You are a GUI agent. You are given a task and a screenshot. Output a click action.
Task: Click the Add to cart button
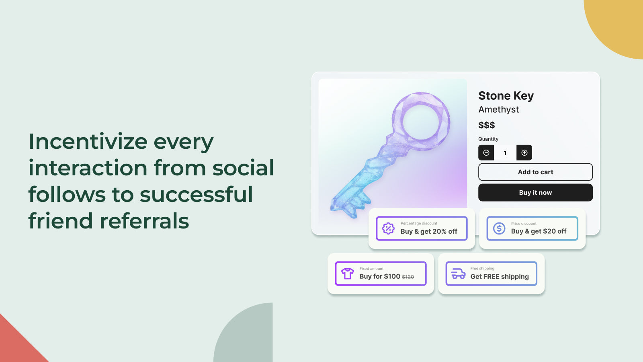[535, 172]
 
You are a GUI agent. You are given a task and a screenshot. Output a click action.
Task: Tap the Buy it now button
[535, 193]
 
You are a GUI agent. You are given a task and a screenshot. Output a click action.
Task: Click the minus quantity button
[486, 153]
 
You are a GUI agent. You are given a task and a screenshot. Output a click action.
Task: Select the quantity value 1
[505, 153]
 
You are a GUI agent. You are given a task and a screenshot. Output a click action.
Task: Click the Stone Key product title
[506, 96]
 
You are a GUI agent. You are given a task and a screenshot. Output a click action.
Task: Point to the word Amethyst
[498, 109]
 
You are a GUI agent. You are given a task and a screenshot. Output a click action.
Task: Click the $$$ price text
[486, 125]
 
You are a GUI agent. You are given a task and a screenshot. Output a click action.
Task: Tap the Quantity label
[488, 139]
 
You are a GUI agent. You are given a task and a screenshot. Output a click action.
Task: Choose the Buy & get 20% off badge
[422, 228]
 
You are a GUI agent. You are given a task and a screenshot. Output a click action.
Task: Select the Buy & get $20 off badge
[532, 228]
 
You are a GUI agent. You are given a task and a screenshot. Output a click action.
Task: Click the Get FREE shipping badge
[491, 274]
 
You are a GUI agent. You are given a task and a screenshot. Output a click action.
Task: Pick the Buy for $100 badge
[381, 274]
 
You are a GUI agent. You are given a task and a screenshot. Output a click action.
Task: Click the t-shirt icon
[348, 274]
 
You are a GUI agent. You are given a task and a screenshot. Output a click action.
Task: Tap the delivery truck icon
[458, 274]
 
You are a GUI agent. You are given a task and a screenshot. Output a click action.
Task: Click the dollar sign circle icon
[499, 228]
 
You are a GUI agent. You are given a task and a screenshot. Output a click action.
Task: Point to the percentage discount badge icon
[388, 228]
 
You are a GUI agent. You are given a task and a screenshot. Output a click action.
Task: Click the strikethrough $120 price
[408, 277]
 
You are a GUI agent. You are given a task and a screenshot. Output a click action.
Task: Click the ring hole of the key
[421, 121]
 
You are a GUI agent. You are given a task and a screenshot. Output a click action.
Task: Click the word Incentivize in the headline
[88, 142]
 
